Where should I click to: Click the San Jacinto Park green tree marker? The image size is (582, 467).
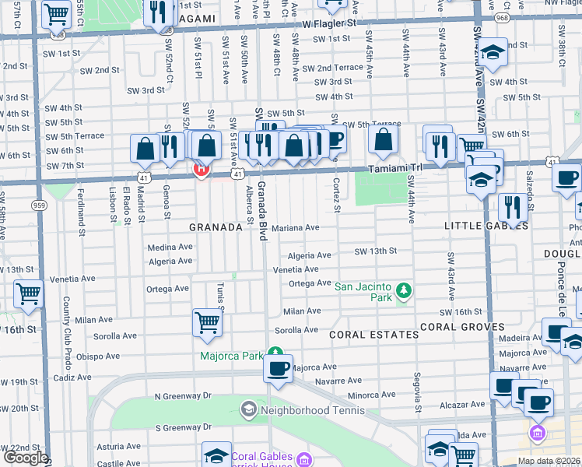(x=403, y=292)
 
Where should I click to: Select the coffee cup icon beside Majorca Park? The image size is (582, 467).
(x=278, y=368)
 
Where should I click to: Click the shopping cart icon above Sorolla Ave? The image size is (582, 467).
(x=208, y=322)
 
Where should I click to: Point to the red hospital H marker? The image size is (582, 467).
(x=201, y=168)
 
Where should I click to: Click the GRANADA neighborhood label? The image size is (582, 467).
(x=216, y=227)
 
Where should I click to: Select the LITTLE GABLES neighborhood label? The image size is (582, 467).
(x=486, y=226)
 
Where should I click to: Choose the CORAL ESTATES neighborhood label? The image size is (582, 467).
(x=373, y=335)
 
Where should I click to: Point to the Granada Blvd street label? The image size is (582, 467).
(x=262, y=209)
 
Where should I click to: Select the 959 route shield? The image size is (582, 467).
(x=40, y=205)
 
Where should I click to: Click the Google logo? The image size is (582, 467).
(x=26, y=458)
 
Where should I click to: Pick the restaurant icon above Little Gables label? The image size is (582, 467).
(x=512, y=206)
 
